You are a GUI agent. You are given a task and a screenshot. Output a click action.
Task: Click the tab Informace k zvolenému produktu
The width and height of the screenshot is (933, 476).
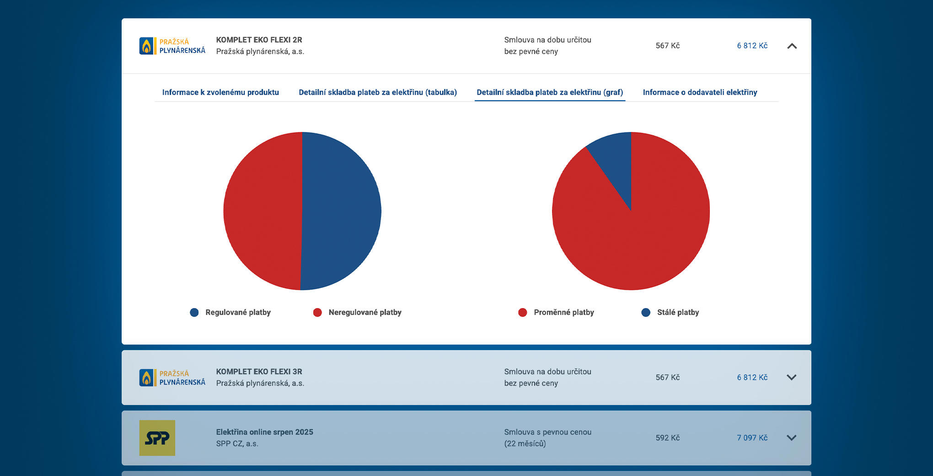pyautogui.click(x=220, y=92)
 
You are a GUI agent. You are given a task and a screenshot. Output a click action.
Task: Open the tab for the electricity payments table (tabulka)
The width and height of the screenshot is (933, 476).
pyautogui.click(x=378, y=92)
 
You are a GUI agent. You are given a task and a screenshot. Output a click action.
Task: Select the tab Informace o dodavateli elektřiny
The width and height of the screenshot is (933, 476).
pyautogui.click(x=700, y=92)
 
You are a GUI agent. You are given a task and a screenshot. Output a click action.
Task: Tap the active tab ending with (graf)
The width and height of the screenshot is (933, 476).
pyautogui.click(x=550, y=92)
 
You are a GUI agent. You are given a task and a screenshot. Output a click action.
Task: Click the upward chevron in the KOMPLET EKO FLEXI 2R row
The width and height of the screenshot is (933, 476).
pyautogui.click(x=792, y=46)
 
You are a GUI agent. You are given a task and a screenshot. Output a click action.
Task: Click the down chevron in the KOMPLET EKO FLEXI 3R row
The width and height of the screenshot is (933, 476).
pyautogui.click(x=791, y=378)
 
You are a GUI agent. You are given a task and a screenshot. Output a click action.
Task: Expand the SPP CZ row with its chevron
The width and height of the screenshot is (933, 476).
pyautogui.click(x=791, y=438)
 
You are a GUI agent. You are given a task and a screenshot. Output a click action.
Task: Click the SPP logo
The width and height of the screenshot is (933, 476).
pyautogui.click(x=157, y=438)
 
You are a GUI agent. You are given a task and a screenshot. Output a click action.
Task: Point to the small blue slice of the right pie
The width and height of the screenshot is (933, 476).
pyautogui.click(x=615, y=160)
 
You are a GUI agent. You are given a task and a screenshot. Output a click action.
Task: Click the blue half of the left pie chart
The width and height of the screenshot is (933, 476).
pyautogui.click(x=341, y=211)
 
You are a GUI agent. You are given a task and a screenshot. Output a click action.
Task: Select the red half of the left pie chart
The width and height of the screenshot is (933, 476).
pyautogui.click(x=263, y=211)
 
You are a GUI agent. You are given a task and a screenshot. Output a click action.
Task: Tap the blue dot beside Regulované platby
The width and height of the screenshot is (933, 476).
pyautogui.click(x=194, y=313)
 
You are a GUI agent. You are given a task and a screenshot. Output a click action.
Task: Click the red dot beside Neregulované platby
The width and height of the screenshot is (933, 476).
pyautogui.click(x=317, y=313)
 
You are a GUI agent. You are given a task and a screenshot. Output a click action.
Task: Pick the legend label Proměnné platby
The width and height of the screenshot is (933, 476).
pyautogui.click(x=563, y=313)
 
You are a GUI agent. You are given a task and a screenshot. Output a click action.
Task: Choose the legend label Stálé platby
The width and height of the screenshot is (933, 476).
pyautogui.click(x=678, y=313)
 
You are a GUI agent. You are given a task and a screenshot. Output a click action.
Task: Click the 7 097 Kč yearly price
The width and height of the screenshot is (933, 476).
pyautogui.click(x=752, y=438)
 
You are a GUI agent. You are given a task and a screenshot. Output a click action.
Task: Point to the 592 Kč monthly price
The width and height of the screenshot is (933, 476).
pyautogui.click(x=667, y=438)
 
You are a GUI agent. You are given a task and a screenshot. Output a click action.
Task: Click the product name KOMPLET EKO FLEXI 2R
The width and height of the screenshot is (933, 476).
pyautogui.click(x=259, y=40)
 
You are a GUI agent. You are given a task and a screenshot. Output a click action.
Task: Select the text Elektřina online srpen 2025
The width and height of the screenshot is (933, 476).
pyautogui.click(x=264, y=432)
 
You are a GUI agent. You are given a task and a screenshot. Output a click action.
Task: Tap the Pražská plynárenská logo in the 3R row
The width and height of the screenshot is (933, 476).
pyautogui.click(x=172, y=378)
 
